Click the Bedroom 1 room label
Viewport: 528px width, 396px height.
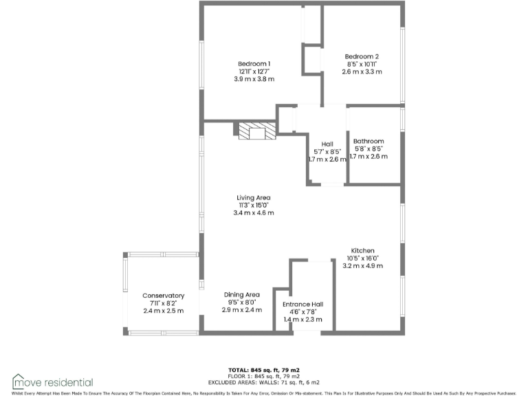coord(254,63)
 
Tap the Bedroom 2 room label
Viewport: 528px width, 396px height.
coord(362,56)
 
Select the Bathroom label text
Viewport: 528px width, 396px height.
coord(368,141)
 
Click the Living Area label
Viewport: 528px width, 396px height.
coord(254,197)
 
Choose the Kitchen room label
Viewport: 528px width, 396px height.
coord(362,250)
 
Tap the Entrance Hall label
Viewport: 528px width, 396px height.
coord(303,304)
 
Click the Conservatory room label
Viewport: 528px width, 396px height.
coord(164,296)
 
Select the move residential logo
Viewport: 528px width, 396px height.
coord(52,382)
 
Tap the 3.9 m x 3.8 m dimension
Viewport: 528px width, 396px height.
coord(254,79)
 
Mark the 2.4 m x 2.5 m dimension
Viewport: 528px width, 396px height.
coord(164,311)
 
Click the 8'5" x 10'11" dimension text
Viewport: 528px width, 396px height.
coord(362,64)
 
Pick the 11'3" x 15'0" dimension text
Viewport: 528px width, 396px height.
coord(254,205)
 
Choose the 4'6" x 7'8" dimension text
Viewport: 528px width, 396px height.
coord(303,312)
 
